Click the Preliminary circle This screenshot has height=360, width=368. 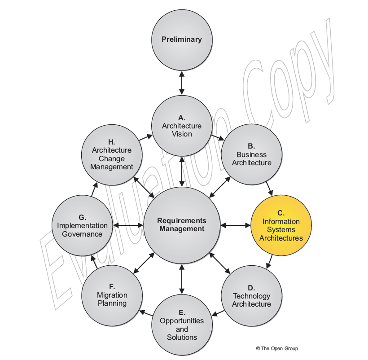pyautogui.click(x=182, y=39)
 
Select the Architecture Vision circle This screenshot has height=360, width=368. pyautogui.click(x=182, y=126)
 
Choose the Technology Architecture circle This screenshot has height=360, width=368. pyautogui.click(x=252, y=296)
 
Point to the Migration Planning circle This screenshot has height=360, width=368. pyautogui.click(x=112, y=296)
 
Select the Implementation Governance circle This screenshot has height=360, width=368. pyautogui.click(x=83, y=225)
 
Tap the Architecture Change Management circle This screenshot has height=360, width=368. pyautogui.click(x=112, y=154)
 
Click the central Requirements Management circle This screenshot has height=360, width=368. pyautogui.click(x=182, y=225)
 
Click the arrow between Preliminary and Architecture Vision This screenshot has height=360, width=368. pyautogui.click(x=182, y=83)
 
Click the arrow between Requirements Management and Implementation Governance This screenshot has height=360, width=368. pyautogui.click(x=128, y=225)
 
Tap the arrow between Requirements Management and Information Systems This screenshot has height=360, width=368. pyautogui.click(x=236, y=225)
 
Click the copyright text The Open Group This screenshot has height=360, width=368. pyautogui.click(x=277, y=348)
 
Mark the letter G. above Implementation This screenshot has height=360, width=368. pyautogui.click(x=83, y=217)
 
